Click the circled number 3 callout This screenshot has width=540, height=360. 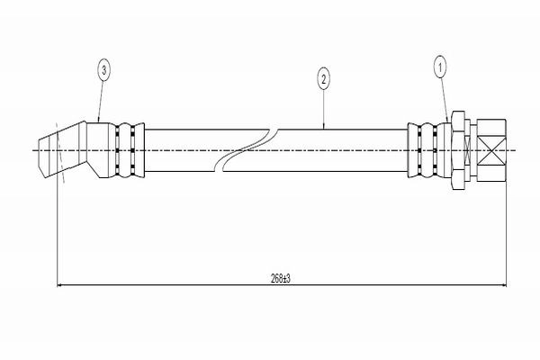tap(105, 69)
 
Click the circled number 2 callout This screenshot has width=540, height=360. tap(323, 80)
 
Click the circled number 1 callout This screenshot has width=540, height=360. tap(440, 66)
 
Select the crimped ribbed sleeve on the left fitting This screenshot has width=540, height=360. tap(127, 148)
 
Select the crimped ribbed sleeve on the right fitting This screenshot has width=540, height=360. tap(427, 148)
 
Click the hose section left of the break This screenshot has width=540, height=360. tap(180, 148)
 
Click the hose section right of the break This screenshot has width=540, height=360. tap(342, 148)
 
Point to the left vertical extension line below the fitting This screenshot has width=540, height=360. tap(58, 234)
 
